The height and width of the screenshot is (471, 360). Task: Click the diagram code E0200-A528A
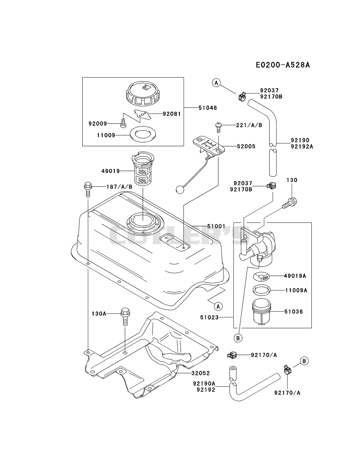tap(283, 65)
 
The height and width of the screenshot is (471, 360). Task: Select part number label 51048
tap(208, 108)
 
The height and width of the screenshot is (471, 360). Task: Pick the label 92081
tap(172, 114)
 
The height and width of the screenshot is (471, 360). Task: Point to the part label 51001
tap(216, 226)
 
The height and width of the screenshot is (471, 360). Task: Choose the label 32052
tap(201, 373)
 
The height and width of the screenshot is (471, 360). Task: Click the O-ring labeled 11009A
tap(261, 290)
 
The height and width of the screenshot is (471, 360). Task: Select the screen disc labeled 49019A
tap(261, 276)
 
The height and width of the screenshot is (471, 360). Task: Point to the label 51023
tap(209, 317)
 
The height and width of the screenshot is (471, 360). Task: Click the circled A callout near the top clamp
tap(216, 83)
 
